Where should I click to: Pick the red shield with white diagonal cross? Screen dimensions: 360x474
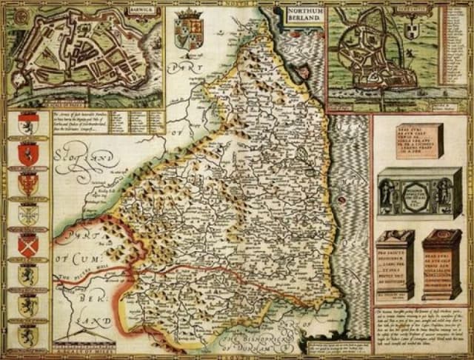(x=28, y=245)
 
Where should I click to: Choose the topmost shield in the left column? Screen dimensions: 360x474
(x=28, y=123)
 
